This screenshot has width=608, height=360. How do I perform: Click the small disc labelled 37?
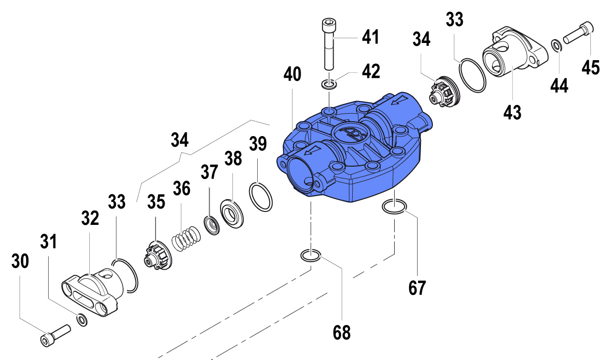(211, 224)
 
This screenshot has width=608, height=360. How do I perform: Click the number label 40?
(293, 74)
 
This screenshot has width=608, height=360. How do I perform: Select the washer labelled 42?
(329, 85)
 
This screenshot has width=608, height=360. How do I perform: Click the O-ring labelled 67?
(394, 207)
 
